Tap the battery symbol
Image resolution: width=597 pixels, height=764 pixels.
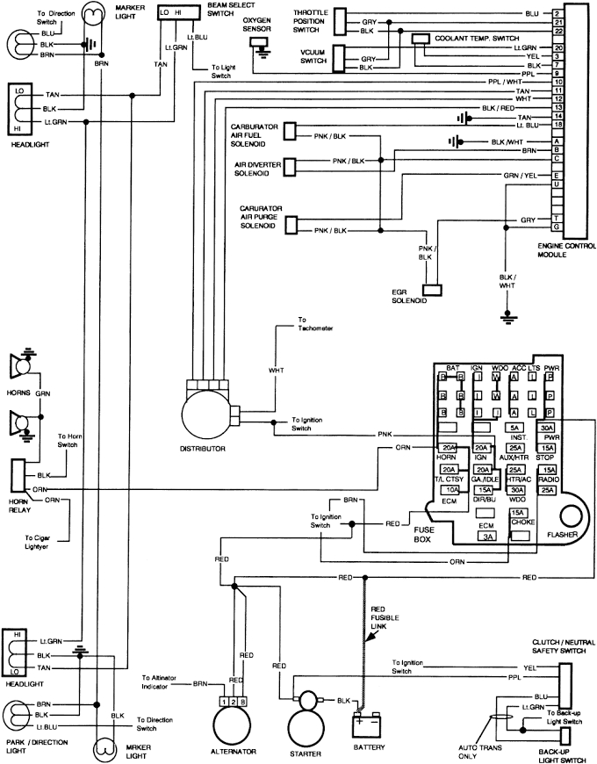click(368, 724)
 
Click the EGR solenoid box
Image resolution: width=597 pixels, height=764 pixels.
click(431, 289)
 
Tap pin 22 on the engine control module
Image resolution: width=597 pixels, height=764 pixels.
click(557, 31)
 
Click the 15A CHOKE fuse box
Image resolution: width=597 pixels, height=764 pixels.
click(519, 513)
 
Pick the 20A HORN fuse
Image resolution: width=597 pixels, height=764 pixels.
click(447, 447)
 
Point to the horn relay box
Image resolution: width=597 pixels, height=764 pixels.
click(18, 475)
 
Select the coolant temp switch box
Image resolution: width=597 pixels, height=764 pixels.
click(421, 38)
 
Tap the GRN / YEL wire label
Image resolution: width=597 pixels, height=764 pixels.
click(521, 175)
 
